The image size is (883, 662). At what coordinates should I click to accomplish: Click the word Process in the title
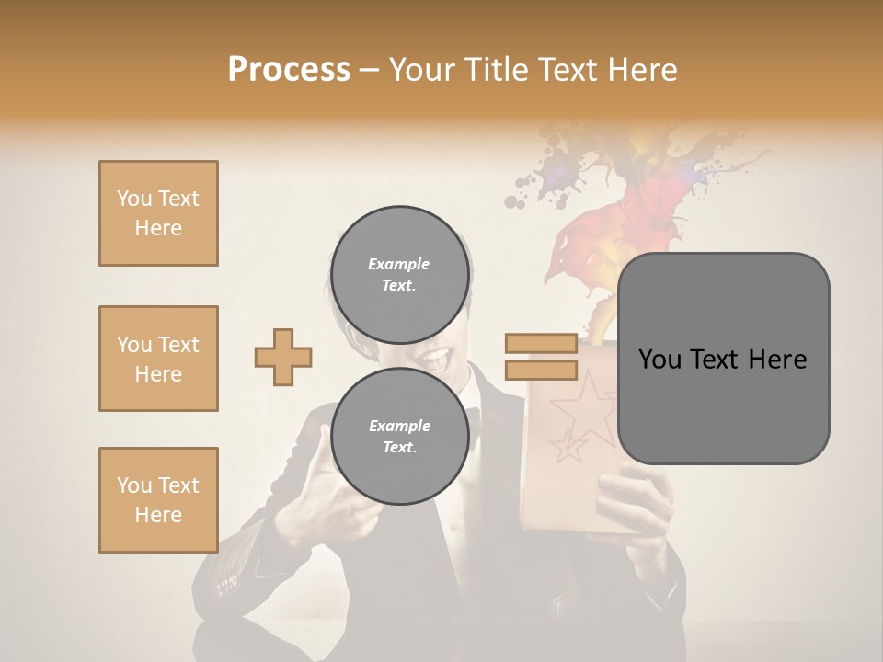tap(289, 70)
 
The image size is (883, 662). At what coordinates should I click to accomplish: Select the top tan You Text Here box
tap(158, 213)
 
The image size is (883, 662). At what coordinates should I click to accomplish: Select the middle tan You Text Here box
tap(158, 359)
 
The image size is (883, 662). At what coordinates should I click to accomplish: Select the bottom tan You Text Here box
tap(158, 500)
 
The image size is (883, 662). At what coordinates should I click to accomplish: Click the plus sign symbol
tap(283, 357)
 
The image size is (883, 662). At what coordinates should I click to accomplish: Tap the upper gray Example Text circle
tap(399, 274)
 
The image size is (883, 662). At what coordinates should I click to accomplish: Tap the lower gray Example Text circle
tap(399, 436)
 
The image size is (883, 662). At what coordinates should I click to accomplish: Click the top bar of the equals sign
tap(541, 344)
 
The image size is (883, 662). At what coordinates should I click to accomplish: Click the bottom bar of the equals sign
tap(541, 371)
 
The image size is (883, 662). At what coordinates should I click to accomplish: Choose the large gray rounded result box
tap(723, 359)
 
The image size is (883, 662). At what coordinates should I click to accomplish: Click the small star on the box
tap(568, 447)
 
